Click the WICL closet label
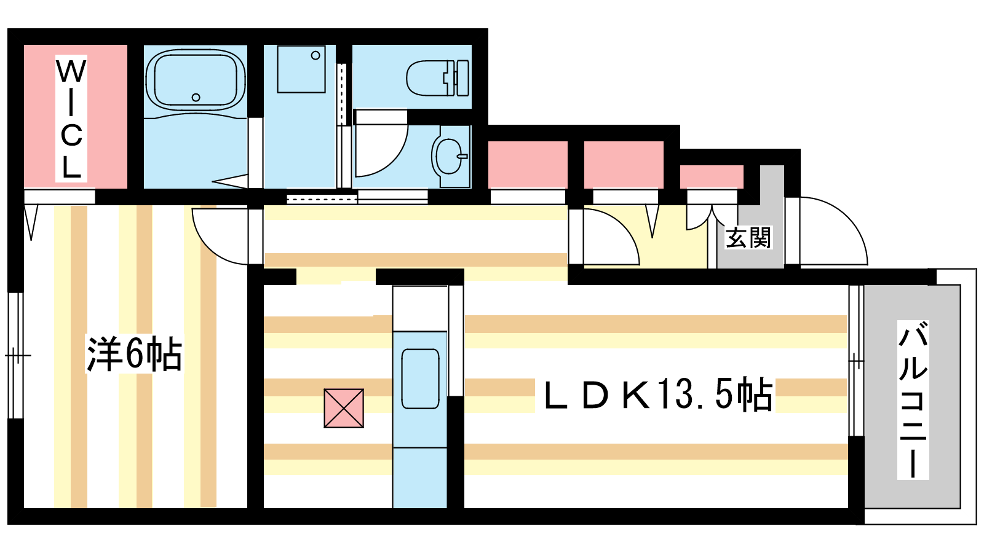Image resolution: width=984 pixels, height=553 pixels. (71, 119)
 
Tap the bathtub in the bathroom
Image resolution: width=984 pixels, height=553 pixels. (196, 80)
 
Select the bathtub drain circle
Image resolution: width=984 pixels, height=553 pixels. (196, 98)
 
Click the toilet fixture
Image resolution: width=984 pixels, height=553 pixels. (437, 78)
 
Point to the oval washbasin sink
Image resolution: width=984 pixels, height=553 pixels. (449, 156)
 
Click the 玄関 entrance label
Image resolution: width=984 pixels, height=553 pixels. (748, 238)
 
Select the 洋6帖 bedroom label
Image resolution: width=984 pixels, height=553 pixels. (135, 354)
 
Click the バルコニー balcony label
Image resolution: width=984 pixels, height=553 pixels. (913, 399)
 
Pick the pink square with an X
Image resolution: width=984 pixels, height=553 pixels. (344, 408)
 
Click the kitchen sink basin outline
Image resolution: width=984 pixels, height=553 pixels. (421, 379)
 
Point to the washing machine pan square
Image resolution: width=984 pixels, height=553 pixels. (301, 69)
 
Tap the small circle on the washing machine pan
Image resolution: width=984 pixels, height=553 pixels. (315, 55)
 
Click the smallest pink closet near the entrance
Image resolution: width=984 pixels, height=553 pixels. (712, 176)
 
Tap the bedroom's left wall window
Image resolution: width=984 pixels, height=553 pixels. (16, 356)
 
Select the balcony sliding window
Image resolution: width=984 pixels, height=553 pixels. (856, 361)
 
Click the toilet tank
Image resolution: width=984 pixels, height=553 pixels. (462, 78)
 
